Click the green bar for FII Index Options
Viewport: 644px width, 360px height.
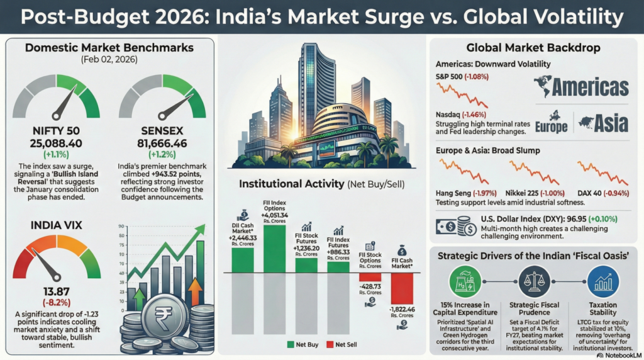[x=274, y=249]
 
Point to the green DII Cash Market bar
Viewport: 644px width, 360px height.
[x=242, y=260]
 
